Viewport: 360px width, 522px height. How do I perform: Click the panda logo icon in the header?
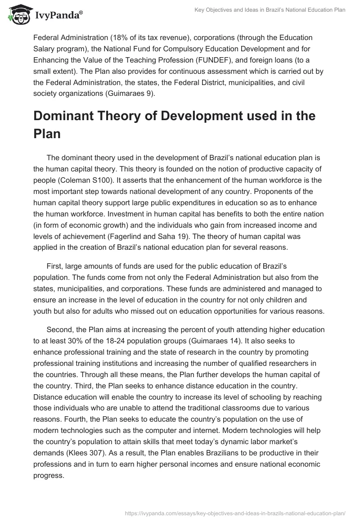pos(18,15)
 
